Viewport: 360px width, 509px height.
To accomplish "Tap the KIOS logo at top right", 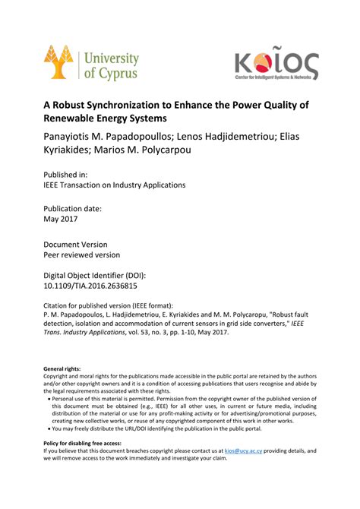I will coord(276,66).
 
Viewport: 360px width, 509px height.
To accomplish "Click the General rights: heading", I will coord(62,368).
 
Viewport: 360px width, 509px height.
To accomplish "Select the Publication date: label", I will coord(73,208).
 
